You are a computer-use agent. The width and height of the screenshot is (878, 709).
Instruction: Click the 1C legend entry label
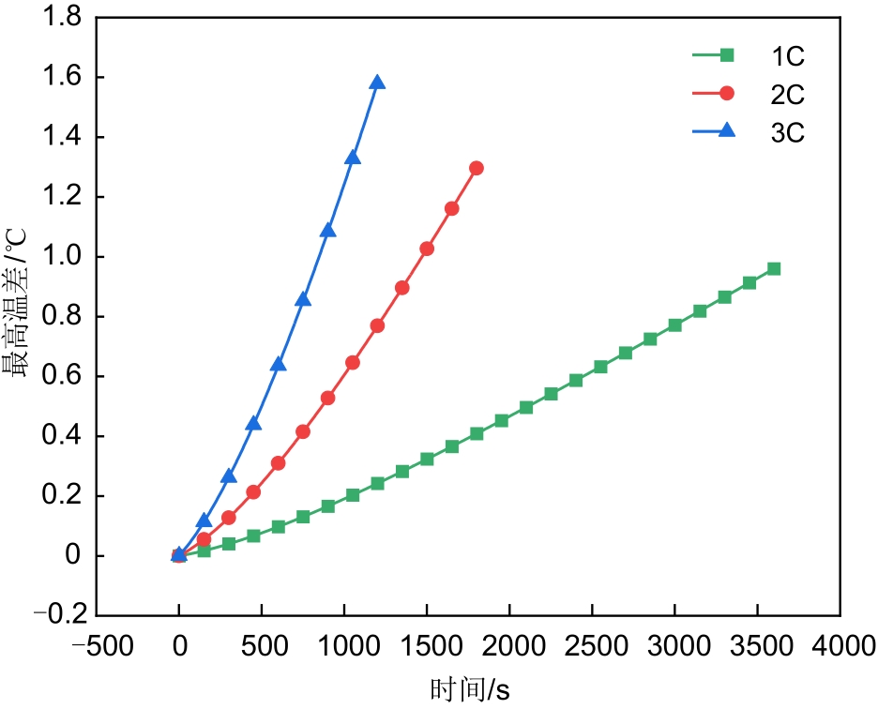pos(788,55)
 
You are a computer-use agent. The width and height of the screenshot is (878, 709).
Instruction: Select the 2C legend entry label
pos(788,94)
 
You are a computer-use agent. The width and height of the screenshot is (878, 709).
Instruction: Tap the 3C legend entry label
pos(788,132)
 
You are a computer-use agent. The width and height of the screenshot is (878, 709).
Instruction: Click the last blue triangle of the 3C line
pos(377,83)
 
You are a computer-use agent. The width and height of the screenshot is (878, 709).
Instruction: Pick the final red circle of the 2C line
pos(477,168)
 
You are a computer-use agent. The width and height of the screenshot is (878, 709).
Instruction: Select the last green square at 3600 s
pos(774,269)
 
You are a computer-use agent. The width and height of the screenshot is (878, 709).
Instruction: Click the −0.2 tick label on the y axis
pos(58,616)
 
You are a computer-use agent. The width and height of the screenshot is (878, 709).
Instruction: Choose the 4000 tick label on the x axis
pos(840,646)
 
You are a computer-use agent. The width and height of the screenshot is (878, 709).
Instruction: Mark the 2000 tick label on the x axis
pos(509,646)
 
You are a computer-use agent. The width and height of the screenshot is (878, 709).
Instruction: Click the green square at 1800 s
pos(477,433)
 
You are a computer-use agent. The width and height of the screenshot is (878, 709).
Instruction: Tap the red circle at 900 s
pos(327,398)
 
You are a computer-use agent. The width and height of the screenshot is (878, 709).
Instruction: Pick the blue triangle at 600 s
pos(278,364)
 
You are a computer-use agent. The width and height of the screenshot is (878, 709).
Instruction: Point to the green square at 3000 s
pos(674,325)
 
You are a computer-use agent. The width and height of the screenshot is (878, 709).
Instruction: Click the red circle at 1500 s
pos(427,249)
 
